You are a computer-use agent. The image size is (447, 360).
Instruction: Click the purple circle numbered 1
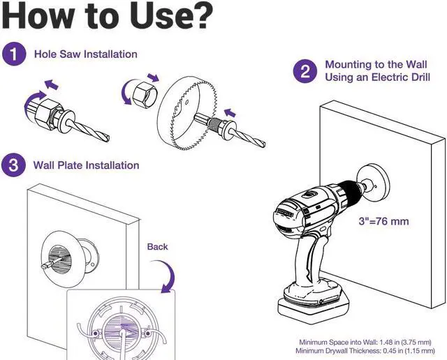14,54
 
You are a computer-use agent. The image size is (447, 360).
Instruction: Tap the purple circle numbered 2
305,71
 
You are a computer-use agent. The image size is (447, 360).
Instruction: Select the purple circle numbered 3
13,165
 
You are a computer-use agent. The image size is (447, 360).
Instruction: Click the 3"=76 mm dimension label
383,221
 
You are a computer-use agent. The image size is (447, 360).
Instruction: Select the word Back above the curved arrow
157,247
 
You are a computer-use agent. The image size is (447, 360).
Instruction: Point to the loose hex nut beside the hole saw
145,94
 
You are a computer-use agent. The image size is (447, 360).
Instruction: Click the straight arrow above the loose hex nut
153,77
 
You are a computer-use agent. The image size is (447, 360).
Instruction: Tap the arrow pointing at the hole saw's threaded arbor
230,113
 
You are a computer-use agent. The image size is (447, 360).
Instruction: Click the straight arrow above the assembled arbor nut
52,84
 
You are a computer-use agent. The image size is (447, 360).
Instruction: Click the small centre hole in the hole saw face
187,102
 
